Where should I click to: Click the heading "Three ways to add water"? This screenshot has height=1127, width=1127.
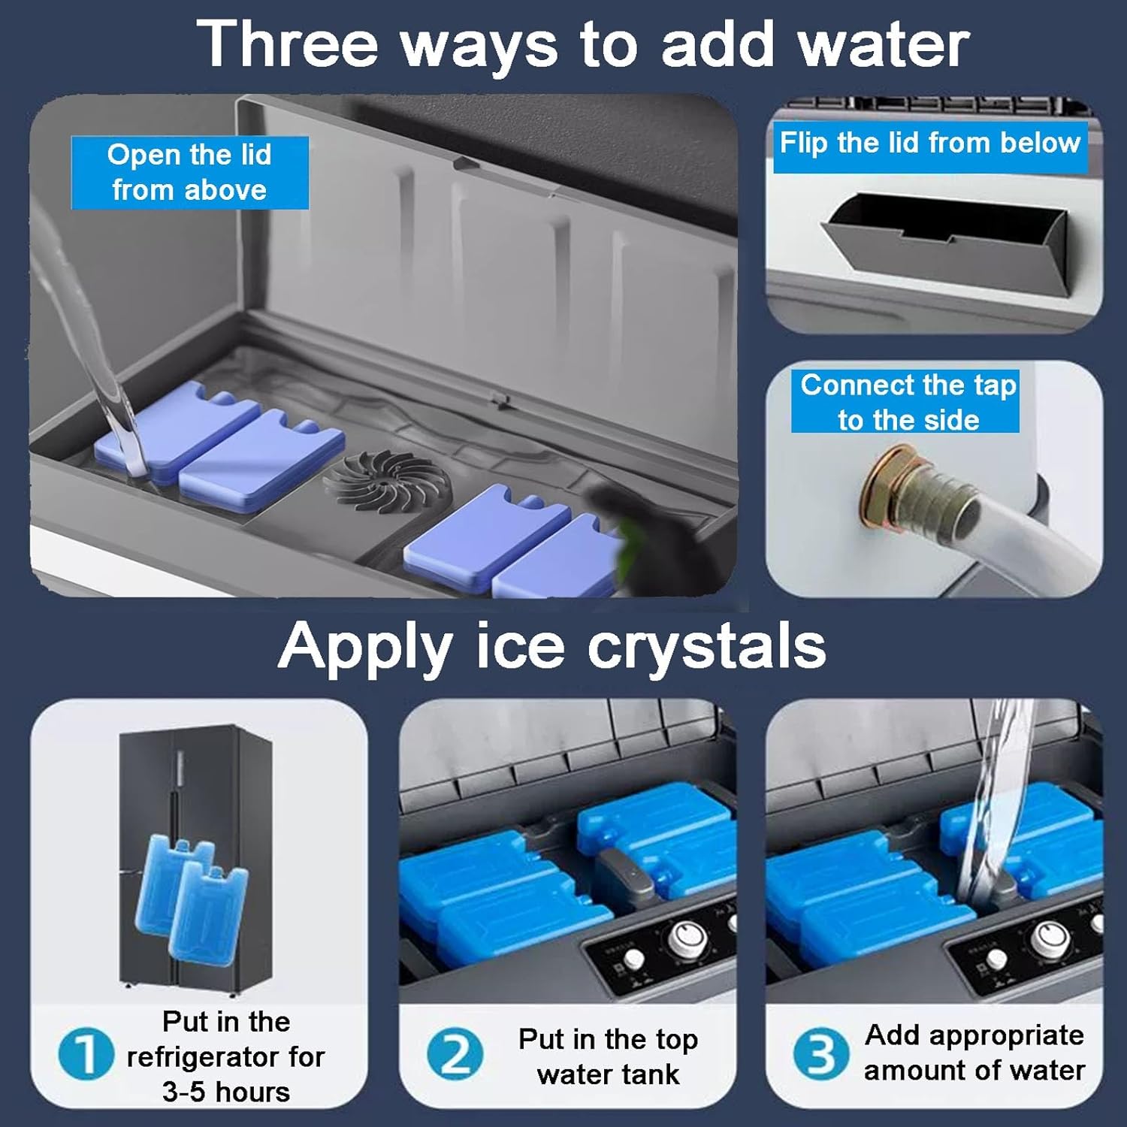[x=583, y=45]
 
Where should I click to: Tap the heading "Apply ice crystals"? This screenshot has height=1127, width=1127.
[x=552, y=645]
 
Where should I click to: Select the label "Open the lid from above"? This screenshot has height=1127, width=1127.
[x=189, y=173]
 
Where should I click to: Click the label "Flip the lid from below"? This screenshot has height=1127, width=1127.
[x=929, y=143]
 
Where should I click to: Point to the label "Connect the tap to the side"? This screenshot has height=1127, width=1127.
[x=908, y=402]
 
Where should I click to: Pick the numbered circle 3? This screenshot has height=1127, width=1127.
[x=820, y=1053]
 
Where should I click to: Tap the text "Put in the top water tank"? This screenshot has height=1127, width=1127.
[x=608, y=1056]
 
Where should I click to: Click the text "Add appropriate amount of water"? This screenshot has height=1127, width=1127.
[x=974, y=1053]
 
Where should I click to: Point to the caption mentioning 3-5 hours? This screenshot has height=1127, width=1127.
[x=225, y=1056]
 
